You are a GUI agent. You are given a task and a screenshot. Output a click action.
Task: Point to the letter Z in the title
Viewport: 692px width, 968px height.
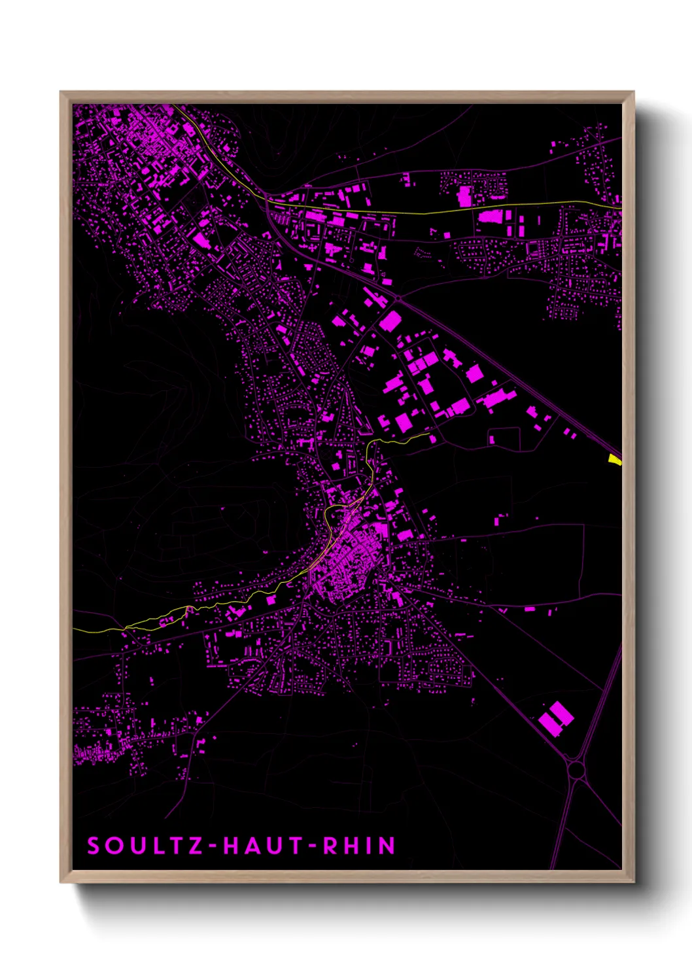click(196, 846)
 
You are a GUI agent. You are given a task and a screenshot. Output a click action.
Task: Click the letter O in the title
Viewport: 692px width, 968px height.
click(113, 846)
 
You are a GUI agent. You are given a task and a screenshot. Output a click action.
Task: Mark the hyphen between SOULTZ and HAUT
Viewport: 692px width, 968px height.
click(213, 846)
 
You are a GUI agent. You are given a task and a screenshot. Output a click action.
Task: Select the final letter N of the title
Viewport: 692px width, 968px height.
click(388, 846)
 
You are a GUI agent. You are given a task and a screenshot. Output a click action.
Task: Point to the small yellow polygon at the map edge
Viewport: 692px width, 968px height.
click(614, 460)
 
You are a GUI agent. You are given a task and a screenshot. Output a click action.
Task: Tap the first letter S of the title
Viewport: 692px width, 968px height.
click(93, 846)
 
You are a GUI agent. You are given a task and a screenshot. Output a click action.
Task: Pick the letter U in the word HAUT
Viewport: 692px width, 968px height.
click(275, 846)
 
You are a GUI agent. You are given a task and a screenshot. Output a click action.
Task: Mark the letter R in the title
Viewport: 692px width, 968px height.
click(331, 846)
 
